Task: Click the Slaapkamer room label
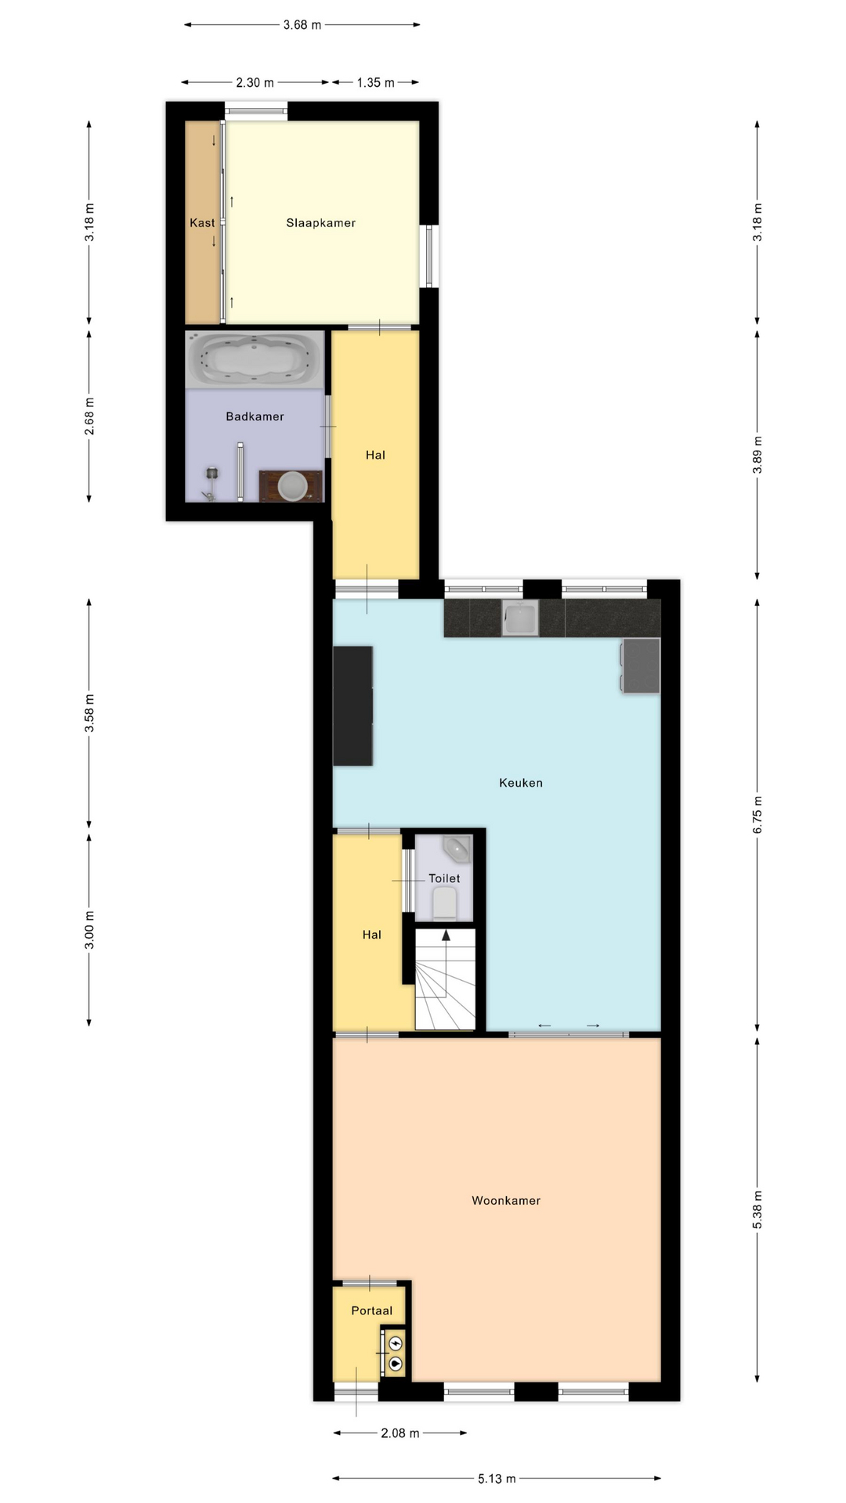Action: pos(320,223)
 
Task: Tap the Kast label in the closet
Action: pos(202,223)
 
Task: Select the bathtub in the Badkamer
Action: pos(255,359)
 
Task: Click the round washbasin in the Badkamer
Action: pos(292,485)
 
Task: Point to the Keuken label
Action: pos(521,783)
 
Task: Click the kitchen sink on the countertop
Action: pos(520,618)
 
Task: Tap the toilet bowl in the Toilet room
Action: pos(445,903)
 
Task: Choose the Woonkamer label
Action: pos(506,1201)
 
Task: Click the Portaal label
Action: pos(372,1310)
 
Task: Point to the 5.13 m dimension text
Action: pos(497,1479)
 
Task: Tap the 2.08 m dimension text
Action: pos(400,1433)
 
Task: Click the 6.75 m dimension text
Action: pos(757,816)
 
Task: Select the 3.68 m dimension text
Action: pos(302,25)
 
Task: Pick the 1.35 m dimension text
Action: pos(376,82)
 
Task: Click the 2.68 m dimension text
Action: pos(89,416)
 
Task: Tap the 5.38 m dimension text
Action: pos(757,1210)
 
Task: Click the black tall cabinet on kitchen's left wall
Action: pos(352,706)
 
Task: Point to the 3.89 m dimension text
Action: pos(757,455)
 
